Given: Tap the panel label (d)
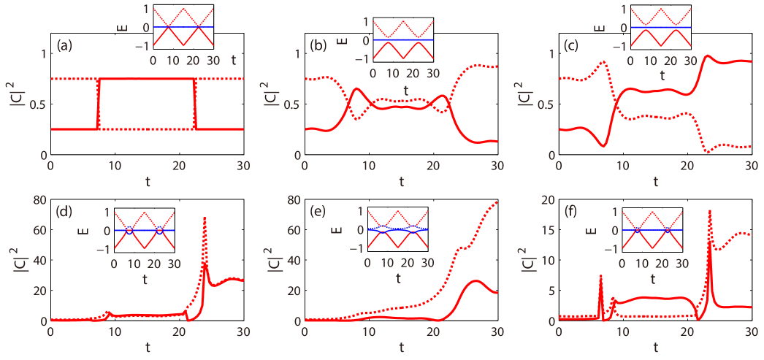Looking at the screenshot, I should coord(64,214).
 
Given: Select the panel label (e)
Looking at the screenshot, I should coord(318,214).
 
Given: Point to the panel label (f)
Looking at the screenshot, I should coord(571,214).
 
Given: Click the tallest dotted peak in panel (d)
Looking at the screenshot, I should coord(205,218).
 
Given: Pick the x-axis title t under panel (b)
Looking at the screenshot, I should coord(401,180).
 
